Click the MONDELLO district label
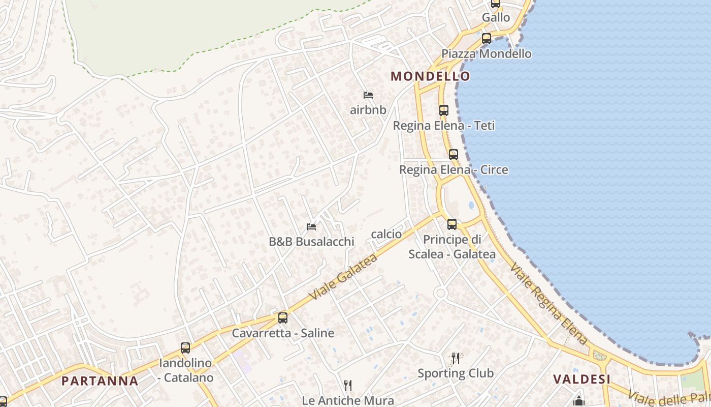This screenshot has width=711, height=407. (430, 76)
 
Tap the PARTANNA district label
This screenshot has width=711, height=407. (100, 381)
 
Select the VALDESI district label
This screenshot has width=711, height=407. (581, 379)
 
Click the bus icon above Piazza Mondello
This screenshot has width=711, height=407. (487, 38)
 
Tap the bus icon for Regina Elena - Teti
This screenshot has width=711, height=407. (444, 110)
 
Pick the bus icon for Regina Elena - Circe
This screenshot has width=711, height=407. (454, 154)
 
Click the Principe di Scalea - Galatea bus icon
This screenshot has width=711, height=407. (452, 224)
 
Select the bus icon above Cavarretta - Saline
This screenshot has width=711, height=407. (283, 318)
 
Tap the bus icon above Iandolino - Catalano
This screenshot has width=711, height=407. (185, 348)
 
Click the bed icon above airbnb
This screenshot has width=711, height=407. (368, 95)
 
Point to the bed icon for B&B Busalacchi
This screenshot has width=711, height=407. (311, 226)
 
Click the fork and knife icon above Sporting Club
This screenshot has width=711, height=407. (456, 358)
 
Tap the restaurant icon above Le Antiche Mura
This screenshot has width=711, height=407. (348, 385)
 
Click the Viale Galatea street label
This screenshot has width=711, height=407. (344, 276)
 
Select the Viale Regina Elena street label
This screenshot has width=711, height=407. (548, 303)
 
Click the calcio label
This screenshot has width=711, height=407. (386, 234)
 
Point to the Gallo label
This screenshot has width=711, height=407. (496, 17)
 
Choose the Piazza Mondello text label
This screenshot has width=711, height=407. (486, 53)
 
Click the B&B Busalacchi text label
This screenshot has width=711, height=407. (311, 242)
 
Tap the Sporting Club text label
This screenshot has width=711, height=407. (456, 373)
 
